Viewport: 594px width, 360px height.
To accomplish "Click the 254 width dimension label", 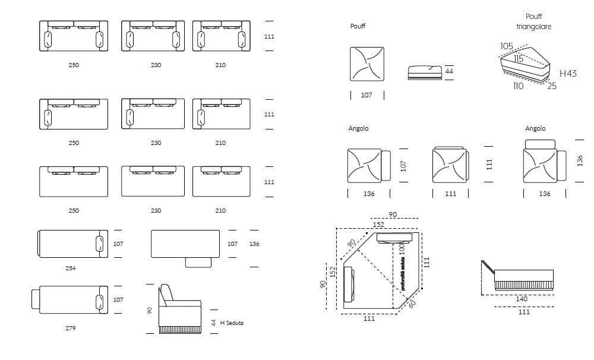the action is coord(71,269).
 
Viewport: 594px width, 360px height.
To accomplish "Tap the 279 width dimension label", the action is coord(71,328).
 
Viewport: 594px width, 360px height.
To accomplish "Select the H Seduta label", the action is coord(232,323).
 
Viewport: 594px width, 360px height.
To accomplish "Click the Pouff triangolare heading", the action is coord(534,21).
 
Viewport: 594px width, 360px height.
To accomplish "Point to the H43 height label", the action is coord(568,74).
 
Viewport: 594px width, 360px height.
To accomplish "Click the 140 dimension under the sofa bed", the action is coord(522,299).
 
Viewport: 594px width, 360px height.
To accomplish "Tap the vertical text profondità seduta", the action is coord(403,274).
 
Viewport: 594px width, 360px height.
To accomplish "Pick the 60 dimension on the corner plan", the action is coord(412,304).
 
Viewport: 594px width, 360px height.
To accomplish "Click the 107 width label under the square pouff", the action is coord(366,95).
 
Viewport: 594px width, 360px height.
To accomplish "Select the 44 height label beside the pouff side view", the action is coord(449,71).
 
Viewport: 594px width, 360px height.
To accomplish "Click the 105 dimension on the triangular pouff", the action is coord(507,46).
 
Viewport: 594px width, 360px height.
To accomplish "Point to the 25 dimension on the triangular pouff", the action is coord(552,86).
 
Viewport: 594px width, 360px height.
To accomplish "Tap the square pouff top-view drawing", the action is coord(366,64).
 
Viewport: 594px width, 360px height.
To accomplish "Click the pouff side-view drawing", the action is coord(425,72).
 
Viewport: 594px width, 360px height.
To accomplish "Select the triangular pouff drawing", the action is coord(525,64).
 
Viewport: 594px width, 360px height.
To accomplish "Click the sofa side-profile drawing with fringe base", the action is coord(180,309).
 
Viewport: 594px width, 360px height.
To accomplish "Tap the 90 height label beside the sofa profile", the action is coord(150,310).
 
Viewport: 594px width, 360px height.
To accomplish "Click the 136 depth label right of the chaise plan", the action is coord(254,244).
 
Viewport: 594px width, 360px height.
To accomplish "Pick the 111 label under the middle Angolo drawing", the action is coord(450,194).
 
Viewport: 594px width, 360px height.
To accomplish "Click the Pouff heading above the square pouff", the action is coord(358,26).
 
